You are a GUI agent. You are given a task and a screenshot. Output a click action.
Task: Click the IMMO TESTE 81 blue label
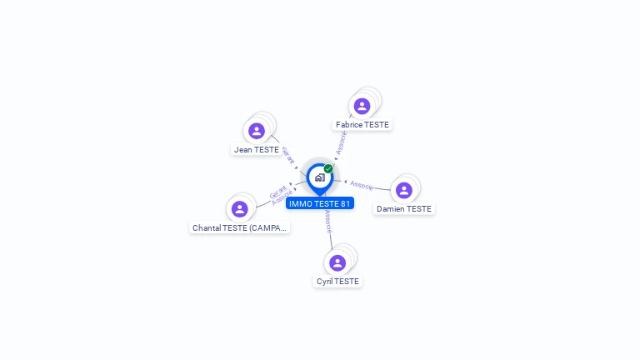click(x=320, y=203)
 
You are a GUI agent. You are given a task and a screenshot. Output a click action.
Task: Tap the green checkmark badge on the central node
click(x=328, y=169)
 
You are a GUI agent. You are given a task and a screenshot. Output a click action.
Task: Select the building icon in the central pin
click(x=319, y=177)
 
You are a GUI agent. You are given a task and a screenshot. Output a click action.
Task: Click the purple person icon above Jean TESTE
click(x=257, y=131)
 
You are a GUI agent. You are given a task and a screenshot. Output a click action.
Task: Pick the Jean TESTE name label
click(x=257, y=150)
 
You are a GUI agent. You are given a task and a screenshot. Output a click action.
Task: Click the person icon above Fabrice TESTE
click(x=362, y=106)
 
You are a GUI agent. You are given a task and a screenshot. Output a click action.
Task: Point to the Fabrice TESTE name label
click(x=362, y=125)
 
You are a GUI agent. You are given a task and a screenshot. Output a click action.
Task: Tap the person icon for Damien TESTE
click(x=404, y=190)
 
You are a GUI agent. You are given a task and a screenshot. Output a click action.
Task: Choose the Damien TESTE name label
click(x=404, y=209)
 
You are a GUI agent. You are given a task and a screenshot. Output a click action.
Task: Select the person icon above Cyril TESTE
click(x=337, y=263)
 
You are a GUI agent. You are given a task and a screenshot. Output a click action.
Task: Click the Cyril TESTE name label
click(x=337, y=282)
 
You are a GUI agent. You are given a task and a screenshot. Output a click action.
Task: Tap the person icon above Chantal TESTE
click(x=240, y=208)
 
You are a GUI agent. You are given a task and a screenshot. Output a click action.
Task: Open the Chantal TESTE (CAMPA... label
click(x=240, y=227)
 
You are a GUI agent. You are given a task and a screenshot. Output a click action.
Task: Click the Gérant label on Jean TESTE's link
click(x=288, y=156)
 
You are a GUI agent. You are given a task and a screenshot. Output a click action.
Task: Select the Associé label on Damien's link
click(x=362, y=184)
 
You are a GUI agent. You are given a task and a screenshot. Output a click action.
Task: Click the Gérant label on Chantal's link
click(x=277, y=191)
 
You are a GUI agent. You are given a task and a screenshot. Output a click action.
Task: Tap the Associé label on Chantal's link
click(x=282, y=198)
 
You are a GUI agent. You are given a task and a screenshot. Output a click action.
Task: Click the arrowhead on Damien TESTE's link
click(x=346, y=181)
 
